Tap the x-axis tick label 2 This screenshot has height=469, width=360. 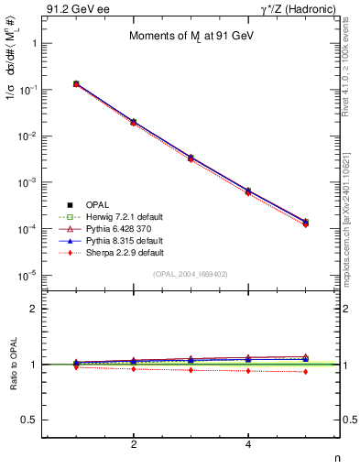(x=134, y=445)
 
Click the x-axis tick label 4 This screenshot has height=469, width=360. (x=248, y=445)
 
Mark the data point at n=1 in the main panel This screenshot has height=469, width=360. (x=76, y=83)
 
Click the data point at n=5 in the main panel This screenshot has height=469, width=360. (x=305, y=223)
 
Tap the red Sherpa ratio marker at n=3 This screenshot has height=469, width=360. (x=191, y=370)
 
